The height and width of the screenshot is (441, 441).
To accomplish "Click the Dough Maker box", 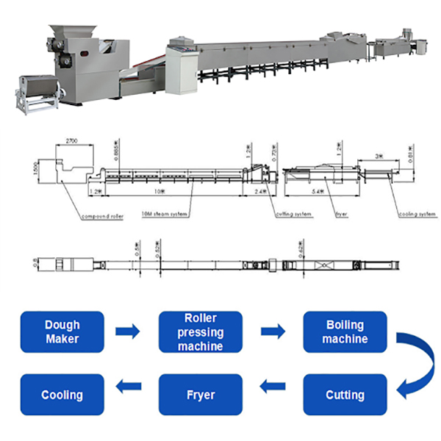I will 62,331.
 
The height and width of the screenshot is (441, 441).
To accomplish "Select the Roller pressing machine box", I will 200,331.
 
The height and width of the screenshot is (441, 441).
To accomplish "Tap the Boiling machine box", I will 345,331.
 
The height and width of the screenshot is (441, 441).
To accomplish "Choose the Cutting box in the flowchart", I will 345,395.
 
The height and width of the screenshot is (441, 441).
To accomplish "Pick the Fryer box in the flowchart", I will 200,395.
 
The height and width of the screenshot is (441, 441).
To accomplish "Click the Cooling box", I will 62,395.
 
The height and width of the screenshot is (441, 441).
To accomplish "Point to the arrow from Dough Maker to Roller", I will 128,331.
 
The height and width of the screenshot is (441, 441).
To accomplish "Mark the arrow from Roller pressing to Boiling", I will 273,331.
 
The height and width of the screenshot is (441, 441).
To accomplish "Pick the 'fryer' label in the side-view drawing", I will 340,215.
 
